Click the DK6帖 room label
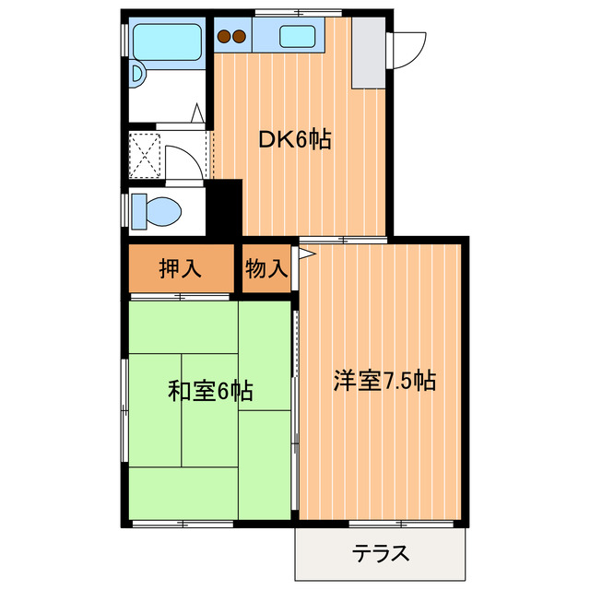pyautogui.click(x=294, y=140)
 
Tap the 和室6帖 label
pyautogui.click(x=210, y=390)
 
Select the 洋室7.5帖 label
pyautogui.click(x=384, y=380)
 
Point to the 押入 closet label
pyautogui.click(x=180, y=269)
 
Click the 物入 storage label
pyautogui.click(x=266, y=269)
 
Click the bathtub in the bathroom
pyautogui.click(x=166, y=41)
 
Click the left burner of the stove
pyautogui.click(x=223, y=38)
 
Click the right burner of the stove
pyautogui.click(x=239, y=38)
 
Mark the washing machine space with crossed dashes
pyautogui.click(x=145, y=153)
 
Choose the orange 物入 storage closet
pyautogui.click(x=266, y=269)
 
